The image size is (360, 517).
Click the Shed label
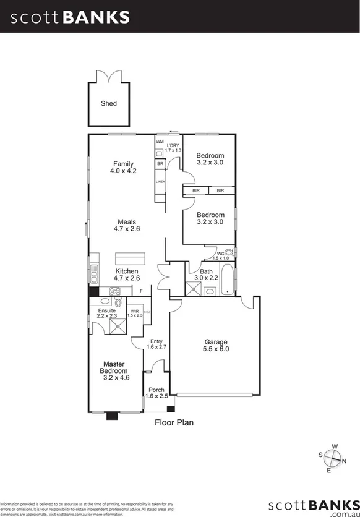click(108, 103)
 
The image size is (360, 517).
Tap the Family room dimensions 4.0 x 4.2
click(122, 171)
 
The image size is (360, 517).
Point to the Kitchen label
click(127, 271)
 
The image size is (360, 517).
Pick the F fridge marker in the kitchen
click(141, 291)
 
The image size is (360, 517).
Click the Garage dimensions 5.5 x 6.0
click(216, 349)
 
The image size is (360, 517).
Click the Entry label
click(156, 341)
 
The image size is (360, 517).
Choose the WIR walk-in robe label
click(134, 311)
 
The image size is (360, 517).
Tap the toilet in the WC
click(229, 252)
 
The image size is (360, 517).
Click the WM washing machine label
click(160, 142)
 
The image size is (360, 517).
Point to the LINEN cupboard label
click(160, 182)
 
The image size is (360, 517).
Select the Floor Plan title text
click(174, 424)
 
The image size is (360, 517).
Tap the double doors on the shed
click(108, 77)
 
